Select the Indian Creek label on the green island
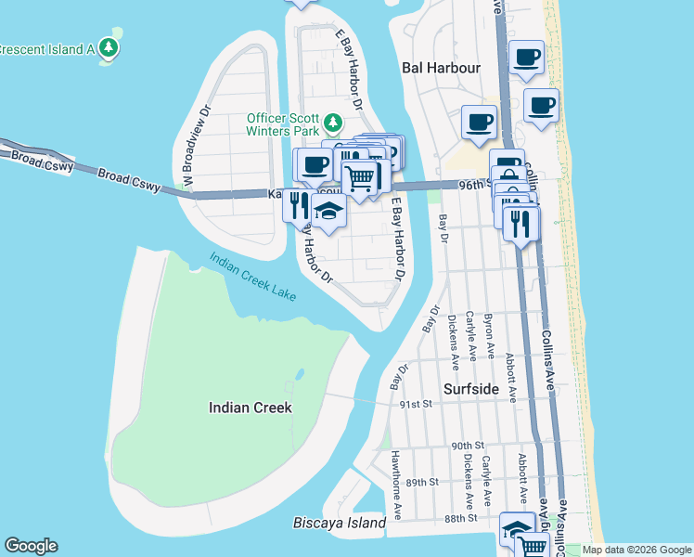(x=251, y=408)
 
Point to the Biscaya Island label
(x=340, y=524)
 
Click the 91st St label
(x=416, y=405)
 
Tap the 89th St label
(x=420, y=483)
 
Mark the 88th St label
(x=460, y=518)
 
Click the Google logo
(x=31, y=546)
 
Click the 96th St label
(x=473, y=186)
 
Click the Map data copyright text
(x=636, y=550)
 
